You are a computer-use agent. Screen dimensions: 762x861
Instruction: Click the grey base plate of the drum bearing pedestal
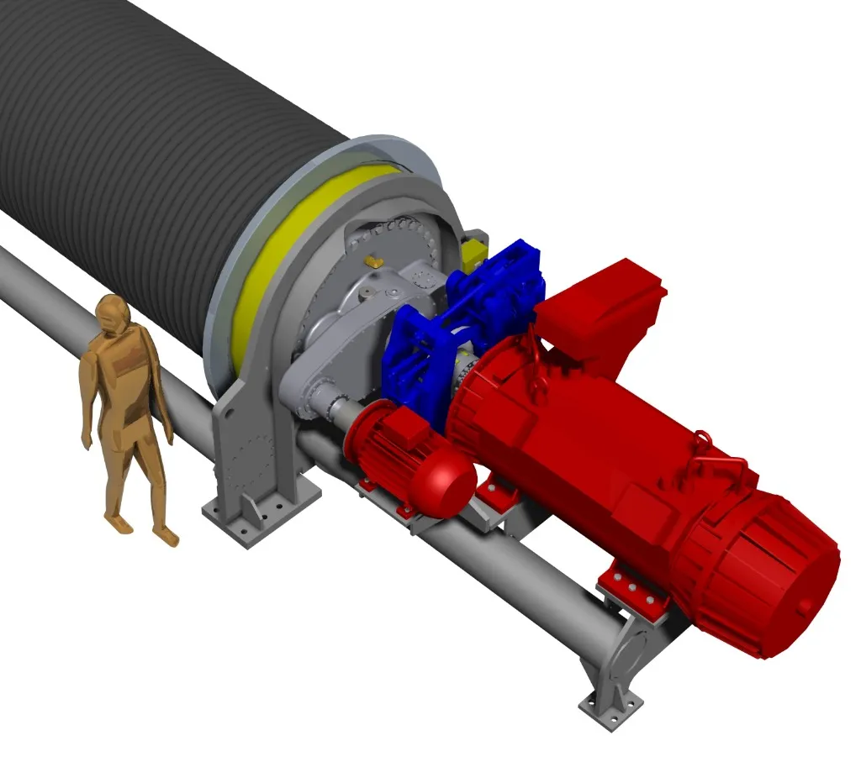tap(261, 512)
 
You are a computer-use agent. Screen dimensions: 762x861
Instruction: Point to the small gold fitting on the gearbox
tap(374, 264)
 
